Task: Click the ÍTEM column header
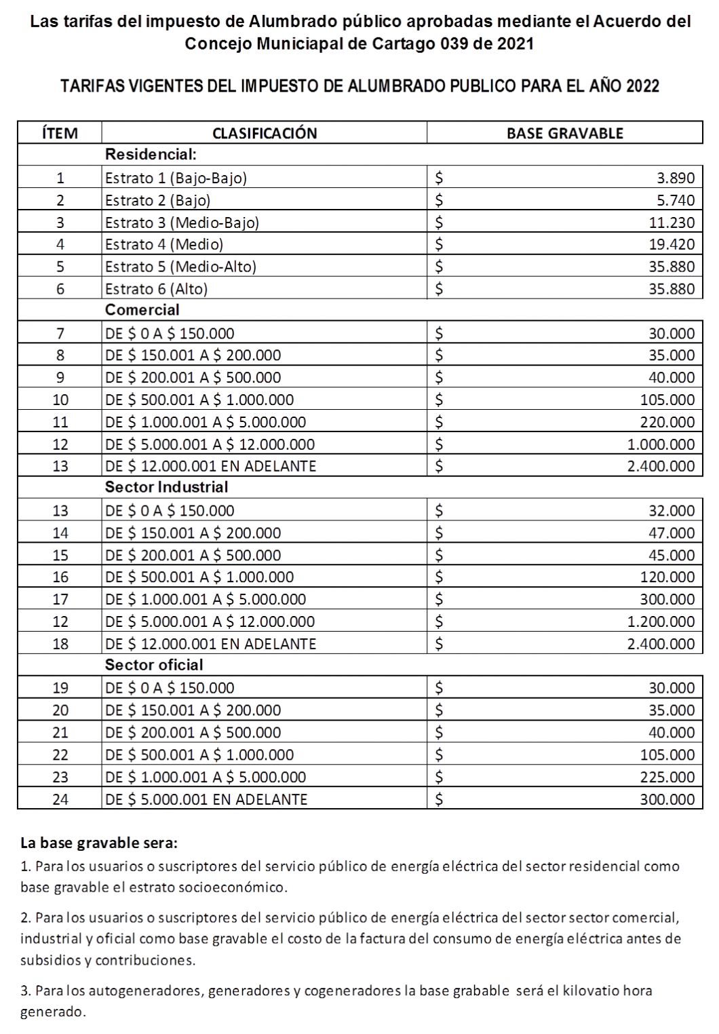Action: [60, 133]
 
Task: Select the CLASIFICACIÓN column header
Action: [265, 133]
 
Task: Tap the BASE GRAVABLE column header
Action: [564, 133]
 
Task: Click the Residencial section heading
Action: [151, 155]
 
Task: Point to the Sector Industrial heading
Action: [166, 487]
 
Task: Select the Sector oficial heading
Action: [154, 665]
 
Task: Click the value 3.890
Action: [676, 178]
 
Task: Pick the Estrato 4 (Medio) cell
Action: [164, 244]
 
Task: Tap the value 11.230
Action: [672, 223]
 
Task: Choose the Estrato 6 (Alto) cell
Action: [157, 289]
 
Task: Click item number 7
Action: [60, 333]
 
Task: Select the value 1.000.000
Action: [661, 444]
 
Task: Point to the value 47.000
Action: [672, 533]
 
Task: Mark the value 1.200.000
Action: [661, 621]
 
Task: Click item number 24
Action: [60, 799]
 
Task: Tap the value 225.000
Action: [667, 777]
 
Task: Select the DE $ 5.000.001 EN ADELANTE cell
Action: [206, 799]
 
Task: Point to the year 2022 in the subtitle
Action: [643, 87]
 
